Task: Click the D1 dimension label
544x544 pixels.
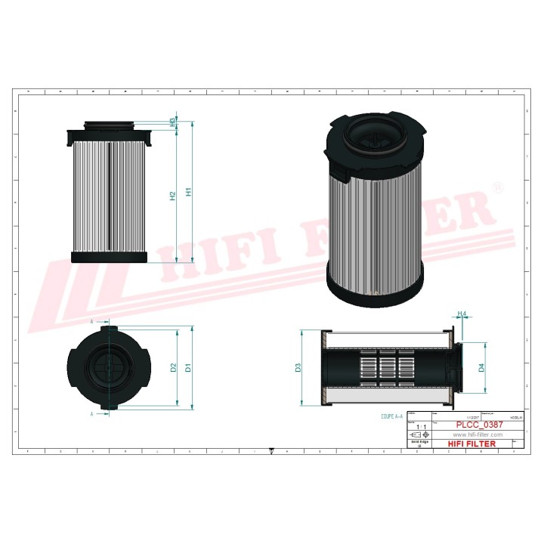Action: point(189,368)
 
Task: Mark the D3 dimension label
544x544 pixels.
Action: point(299,368)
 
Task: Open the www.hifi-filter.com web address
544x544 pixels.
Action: point(478,435)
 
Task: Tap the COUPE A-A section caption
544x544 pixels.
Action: point(393,416)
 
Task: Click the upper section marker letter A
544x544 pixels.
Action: point(93,322)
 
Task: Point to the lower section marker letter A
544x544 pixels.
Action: point(93,414)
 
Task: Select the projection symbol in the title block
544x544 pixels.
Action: point(416,437)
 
